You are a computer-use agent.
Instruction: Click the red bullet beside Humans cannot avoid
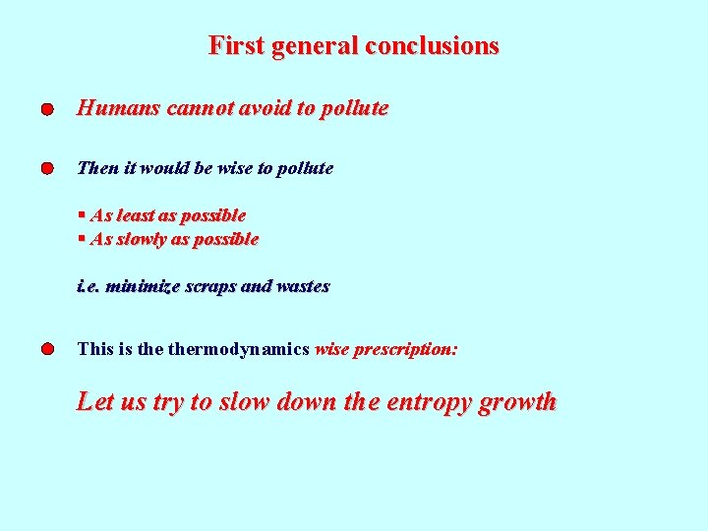(47, 110)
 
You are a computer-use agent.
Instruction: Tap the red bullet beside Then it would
(47, 170)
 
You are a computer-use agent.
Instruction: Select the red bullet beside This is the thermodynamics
(47, 350)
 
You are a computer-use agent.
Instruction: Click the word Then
(97, 168)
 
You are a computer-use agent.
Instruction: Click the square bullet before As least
(82, 214)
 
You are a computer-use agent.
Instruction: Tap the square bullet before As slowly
(82, 238)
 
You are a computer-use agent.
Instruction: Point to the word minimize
(144, 287)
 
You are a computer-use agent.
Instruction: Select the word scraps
(211, 287)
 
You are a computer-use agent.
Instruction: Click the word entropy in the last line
(429, 402)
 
